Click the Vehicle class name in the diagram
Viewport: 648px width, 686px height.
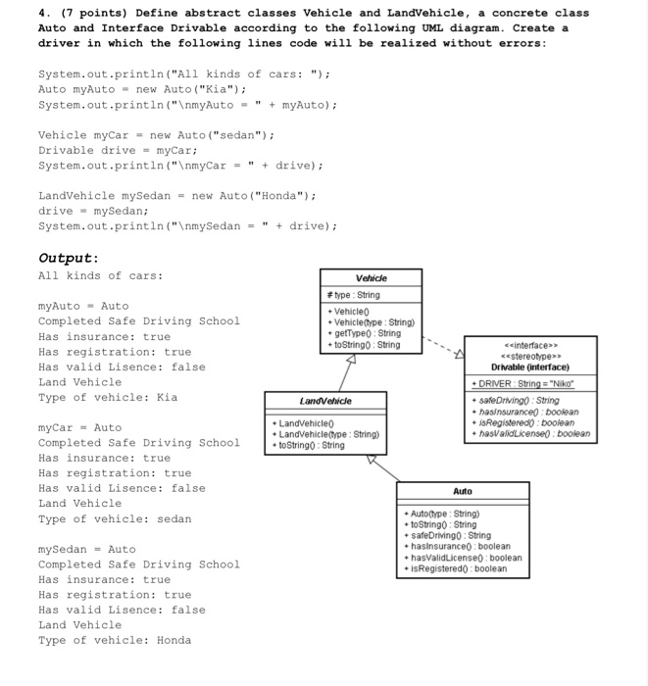371,278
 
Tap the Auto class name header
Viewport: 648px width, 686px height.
463,491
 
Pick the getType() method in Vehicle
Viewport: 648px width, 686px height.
362,333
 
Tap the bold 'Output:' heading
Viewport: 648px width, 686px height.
68,258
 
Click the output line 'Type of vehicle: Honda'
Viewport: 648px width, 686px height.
115,640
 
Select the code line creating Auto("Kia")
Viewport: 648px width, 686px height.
122,89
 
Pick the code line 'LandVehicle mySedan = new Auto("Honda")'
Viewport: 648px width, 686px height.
175,195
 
